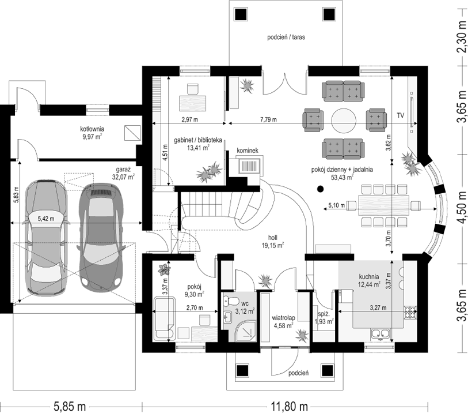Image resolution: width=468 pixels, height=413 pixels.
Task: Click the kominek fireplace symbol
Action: pos(250,166)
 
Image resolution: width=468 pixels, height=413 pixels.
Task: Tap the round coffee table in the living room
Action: pos(344,121)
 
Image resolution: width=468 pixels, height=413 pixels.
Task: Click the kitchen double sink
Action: pos(381,335)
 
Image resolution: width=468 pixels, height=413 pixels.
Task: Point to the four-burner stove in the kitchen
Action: pos(410,313)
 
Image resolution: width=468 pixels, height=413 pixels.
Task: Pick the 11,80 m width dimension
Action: pos(289,407)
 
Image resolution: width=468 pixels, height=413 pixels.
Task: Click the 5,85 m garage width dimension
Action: pos(70,407)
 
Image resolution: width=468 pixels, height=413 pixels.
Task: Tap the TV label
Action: pos(400,115)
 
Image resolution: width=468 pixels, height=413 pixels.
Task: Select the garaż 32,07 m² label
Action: pos(123,174)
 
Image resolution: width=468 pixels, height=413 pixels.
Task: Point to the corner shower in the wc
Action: pos(246,331)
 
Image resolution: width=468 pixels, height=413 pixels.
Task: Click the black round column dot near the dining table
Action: pos(320,189)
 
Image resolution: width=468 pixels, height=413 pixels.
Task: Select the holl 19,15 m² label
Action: pos(273,242)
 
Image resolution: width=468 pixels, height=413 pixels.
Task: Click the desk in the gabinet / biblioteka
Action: pos(193,103)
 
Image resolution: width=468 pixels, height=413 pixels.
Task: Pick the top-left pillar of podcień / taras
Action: pos(241,14)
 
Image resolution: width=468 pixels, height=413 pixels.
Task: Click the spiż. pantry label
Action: pos(324,318)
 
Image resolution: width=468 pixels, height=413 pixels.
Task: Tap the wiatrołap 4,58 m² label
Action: pos(284,322)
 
